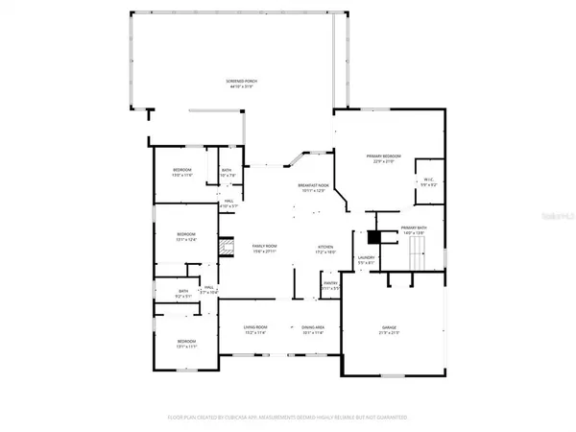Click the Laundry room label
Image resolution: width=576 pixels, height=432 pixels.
[365, 256]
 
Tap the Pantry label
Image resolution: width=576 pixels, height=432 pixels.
[329, 283]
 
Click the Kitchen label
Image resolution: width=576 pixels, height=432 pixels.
[325, 247]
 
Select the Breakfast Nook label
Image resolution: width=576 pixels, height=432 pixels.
[314, 184]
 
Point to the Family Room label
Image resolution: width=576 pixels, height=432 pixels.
[264, 247]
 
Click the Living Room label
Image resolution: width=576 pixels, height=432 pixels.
[254, 327]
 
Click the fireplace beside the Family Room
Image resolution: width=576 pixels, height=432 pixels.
[228, 246]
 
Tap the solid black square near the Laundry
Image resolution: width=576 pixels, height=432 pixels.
[375, 236]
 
